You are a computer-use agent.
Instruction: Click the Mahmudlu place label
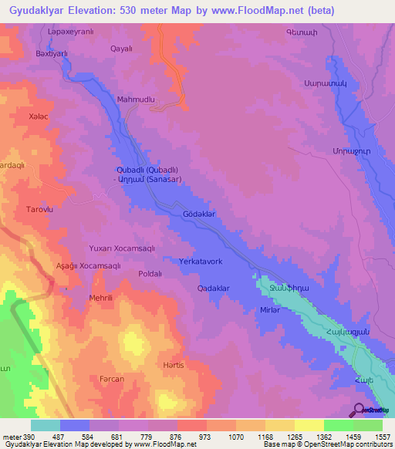click(136, 100)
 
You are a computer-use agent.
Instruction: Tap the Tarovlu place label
click(40, 209)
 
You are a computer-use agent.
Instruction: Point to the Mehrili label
click(101, 297)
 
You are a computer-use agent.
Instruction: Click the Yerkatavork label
click(201, 262)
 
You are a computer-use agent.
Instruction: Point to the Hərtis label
click(174, 365)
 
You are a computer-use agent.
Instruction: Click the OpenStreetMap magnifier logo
click(360, 409)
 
